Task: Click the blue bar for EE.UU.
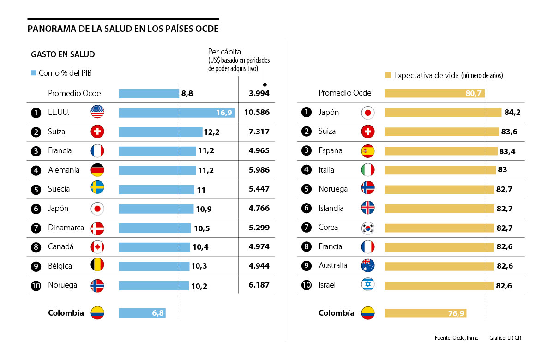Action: [x=176, y=113]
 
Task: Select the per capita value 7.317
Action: [x=259, y=132]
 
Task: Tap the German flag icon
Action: [x=97, y=170]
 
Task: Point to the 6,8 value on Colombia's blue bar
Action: [x=158, y=313]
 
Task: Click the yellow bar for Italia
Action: [x=440, y=170]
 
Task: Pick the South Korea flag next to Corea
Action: [x=368, y=228]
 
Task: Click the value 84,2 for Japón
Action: [x=510, y=113]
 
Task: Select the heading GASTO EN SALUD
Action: [x=63, y=54]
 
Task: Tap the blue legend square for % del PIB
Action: [x=33, y=73]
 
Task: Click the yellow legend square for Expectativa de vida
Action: [x=388, y=75]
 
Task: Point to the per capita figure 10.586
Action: [x=257, y=113]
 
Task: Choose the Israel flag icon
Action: [x=368, y=285]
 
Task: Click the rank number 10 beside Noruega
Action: [x=36, y=285]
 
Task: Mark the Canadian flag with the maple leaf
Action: [x=97, y=247]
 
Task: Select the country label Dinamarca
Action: [x=66, y=228]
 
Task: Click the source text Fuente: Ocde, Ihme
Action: [x=456, y=338]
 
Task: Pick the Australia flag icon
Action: [x=368, y=265]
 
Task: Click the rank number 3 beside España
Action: [x=306, y=151]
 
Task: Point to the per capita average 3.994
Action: [x=259, y=94]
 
